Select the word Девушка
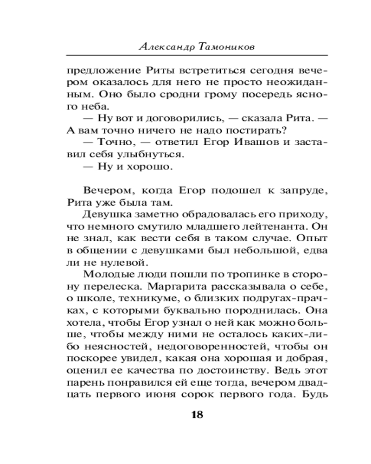[105, 215]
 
